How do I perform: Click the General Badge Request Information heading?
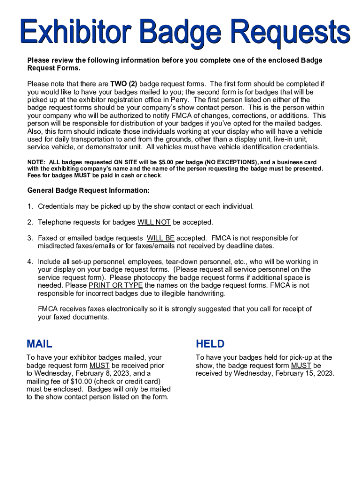[x=88, y=190]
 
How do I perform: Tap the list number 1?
[x=30, y=206]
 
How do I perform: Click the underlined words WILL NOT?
[x=154, y=222]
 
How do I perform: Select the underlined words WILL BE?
[x=160, y=238]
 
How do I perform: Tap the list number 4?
[x=30, y=261]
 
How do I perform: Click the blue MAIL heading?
[x=39, y=344]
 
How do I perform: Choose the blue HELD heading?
[x=210, y=344]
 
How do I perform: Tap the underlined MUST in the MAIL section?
[x=100, y=365]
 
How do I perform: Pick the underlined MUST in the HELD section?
[x=301, y=365]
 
